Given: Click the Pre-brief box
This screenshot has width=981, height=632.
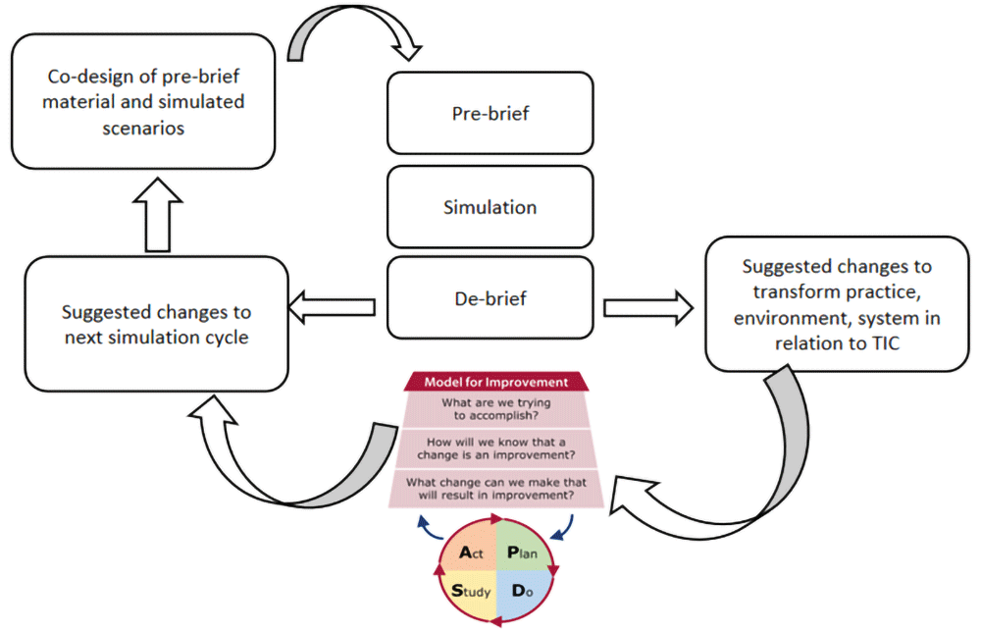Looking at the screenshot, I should point(490,114).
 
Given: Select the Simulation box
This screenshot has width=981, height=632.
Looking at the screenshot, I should point(490,207).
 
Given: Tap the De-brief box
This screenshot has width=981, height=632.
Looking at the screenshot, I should point(490,298).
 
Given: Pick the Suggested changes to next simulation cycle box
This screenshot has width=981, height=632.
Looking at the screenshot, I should point(156,323).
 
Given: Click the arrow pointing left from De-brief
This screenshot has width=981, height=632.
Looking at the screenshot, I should point(334,308).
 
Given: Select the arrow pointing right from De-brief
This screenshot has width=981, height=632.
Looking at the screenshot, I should point(647,308).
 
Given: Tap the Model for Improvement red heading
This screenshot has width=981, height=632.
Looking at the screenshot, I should point(495,382).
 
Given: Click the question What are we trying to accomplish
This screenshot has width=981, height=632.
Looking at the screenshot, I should point(495,408).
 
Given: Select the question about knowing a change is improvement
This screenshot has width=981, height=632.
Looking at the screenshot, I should point(495,449).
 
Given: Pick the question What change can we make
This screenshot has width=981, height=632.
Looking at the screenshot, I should point(495,489).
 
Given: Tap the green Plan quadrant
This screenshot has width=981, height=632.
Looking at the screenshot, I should point(521,553).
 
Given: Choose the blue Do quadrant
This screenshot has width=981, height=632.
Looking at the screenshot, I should point(521,593).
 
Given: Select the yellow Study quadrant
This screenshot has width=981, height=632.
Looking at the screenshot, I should point(468,592).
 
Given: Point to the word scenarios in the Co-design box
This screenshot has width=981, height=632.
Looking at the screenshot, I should point(144,128).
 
